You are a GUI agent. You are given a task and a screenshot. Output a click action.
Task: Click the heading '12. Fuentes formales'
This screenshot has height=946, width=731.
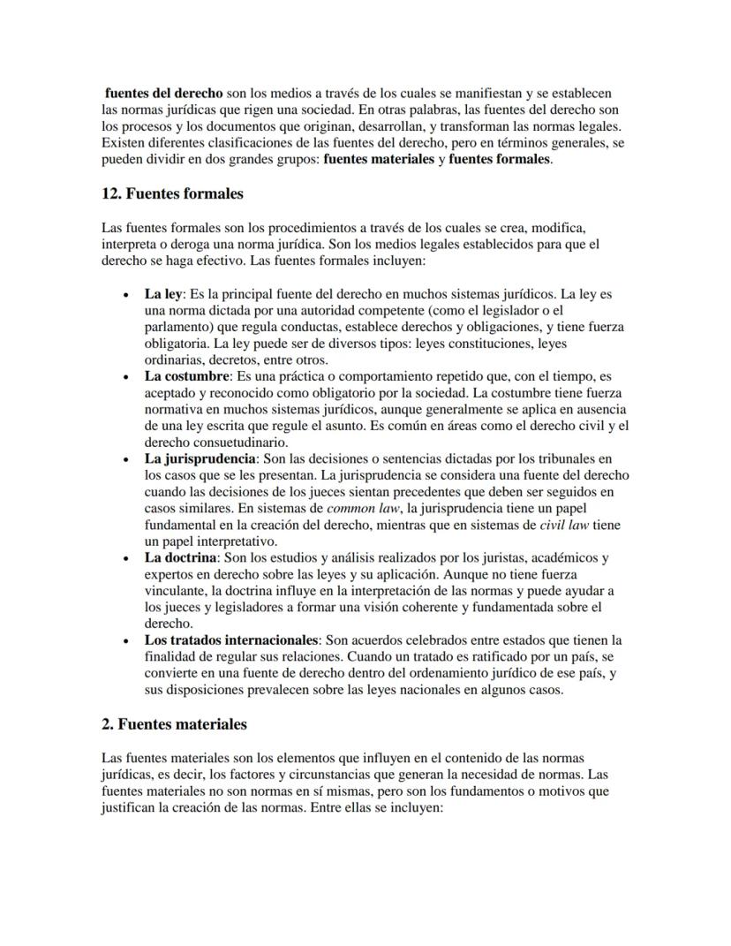172,193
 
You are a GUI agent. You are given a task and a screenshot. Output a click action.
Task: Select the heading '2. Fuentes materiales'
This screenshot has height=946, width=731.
174,723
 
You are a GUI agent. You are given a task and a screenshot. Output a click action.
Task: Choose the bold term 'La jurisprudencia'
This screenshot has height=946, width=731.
200,459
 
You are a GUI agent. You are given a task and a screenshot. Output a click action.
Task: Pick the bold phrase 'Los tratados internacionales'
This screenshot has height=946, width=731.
231,639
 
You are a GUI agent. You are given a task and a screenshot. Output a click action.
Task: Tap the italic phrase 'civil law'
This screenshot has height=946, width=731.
567,525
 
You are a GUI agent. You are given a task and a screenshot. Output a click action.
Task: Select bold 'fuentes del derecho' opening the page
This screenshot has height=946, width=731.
163,93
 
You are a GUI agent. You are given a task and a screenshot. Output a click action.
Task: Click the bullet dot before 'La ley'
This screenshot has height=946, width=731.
129,294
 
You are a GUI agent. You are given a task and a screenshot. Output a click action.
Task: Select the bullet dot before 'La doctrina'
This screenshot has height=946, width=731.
129,559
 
